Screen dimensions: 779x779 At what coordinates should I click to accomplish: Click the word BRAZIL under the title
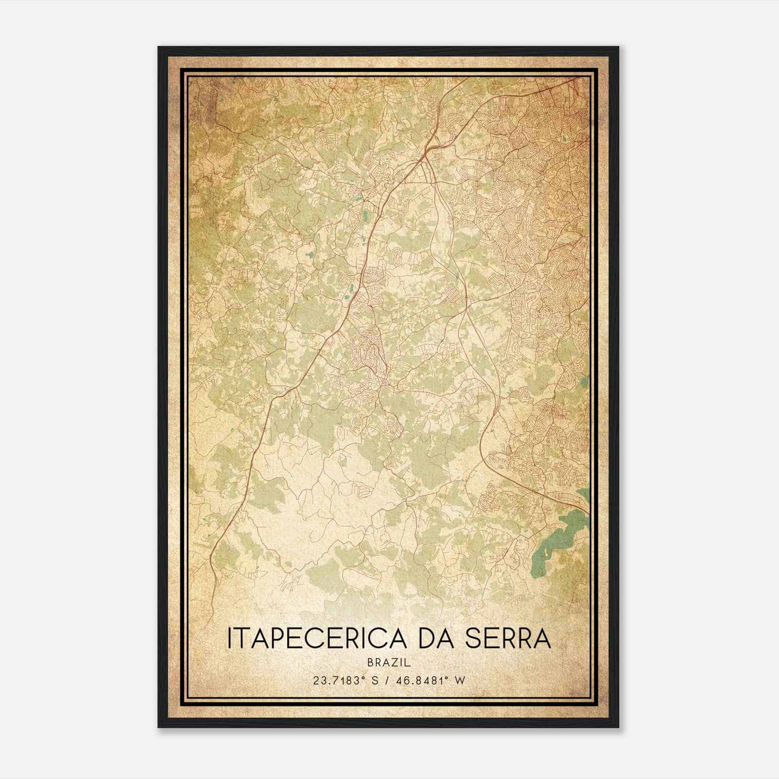[x=389, y=663]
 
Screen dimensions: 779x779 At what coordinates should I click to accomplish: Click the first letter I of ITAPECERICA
[x=230, y=638]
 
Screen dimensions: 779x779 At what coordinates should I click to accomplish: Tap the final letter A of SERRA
[x=542, y=638]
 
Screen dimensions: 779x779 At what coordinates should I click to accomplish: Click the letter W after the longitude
[x=460, y=680]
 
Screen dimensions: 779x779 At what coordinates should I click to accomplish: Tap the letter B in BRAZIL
[x=371, y=663]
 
